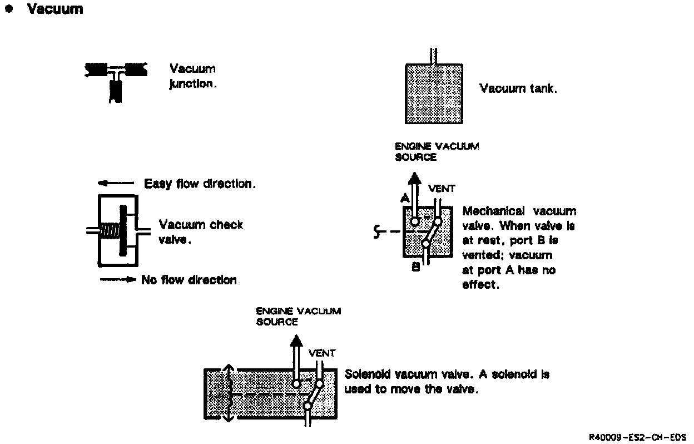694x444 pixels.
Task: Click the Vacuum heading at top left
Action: pyautogui.click(x=54, y=9)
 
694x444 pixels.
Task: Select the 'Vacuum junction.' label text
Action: pyautogui.click(x=192, y=76)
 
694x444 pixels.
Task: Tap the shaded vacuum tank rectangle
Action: pyautogui.click(x=434, y=93)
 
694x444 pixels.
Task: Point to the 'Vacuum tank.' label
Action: pyautogui.click(x=517, y=88)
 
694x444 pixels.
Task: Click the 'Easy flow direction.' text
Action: pyautogui.click(x=200, y=184)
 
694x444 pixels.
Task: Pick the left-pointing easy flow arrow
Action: pyautogui.click(x=116, y=183)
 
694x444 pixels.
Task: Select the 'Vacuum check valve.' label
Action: pyautogui.click(x=201, y=232)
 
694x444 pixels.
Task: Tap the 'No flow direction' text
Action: pyautogui.click(x=190, y=280)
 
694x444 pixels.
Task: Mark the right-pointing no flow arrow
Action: pyautogui.click(x=118, y=280)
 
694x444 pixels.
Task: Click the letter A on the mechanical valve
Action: pyautogui.click(x=404, y=199)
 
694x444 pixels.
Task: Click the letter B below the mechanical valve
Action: pyautogui.click(x=415, y=268)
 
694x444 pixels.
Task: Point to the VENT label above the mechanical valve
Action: pyautogui.click(x=441, y=189)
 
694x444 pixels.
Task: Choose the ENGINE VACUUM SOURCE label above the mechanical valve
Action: pyautogui.click(x=437, y=151)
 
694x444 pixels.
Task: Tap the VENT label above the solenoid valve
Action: pyautogui.click(x=322, y=353)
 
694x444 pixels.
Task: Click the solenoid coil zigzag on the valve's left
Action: pyautogui.click(x=227, y=393)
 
